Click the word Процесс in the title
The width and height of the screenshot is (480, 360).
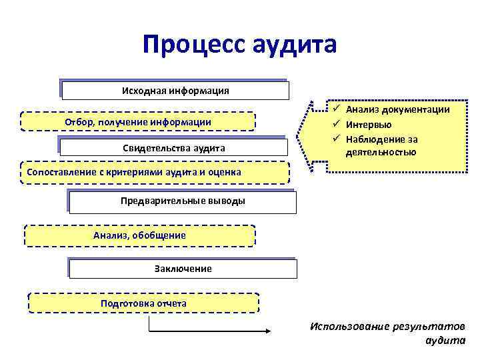[194, 45]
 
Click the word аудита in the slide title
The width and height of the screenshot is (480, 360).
[295, 45]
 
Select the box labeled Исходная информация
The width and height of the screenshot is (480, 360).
[175, 91]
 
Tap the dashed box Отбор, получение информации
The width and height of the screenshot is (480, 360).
[138, 122]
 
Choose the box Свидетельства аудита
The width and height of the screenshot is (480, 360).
[174, 147]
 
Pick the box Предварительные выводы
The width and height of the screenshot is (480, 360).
[183, 201]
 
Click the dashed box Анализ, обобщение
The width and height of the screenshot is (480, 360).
[139, 235]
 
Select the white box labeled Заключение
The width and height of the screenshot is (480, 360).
[183, 269]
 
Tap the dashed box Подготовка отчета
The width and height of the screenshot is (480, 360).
[143, 303]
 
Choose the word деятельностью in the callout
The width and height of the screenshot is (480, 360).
[381, 152]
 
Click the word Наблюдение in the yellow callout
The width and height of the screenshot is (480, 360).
[374, 139]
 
